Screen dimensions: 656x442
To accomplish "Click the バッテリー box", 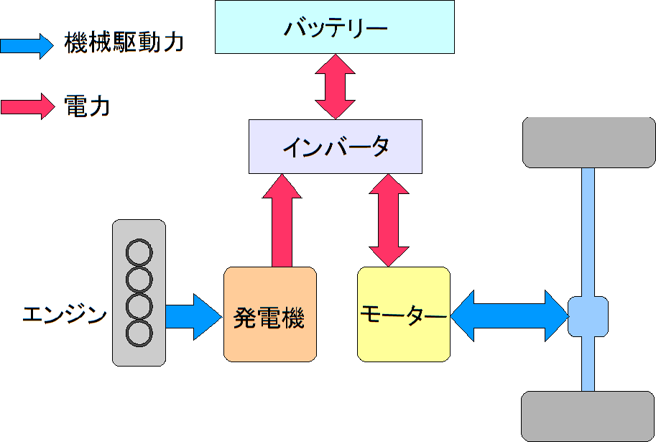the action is (x=335, y=27).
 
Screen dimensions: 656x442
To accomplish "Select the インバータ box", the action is (x=336, y=147).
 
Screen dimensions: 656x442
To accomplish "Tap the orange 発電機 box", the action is (x=270, y=314).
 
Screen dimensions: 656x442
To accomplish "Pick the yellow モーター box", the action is (x=404, y=314).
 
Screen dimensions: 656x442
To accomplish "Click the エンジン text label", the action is (x=65, y=315).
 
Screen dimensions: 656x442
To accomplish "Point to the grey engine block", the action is (x=139, y=293).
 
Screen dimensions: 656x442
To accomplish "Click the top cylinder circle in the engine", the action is (x=139, y=252).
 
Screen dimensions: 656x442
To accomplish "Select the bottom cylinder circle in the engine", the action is (x=139, y=333).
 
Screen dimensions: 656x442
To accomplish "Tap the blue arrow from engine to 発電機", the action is (x=194, y=317).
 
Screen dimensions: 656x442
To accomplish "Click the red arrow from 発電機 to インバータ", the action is (x=282, y=221).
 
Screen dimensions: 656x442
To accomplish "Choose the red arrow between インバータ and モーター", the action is (x=389, y=220).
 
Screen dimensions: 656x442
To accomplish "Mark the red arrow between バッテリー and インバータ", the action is (x=335, y=87).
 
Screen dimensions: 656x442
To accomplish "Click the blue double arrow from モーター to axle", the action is (x=509, y=316).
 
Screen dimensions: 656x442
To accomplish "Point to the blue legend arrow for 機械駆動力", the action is (x=27, y=45).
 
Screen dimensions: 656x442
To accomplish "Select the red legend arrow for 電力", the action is (x=27, y=106).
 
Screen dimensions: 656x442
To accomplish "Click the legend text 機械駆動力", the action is (x=124, y=43).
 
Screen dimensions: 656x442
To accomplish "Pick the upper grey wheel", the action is (x=589, y=142).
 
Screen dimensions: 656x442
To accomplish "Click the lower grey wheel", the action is (x=588, y=416).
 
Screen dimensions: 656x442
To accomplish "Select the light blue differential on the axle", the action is (x=588, y=316).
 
